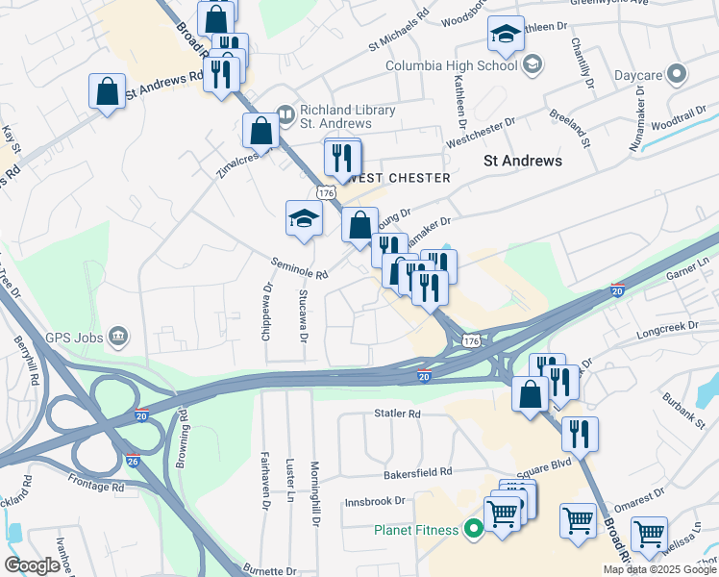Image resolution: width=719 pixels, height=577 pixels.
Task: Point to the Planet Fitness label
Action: tap(419, 530)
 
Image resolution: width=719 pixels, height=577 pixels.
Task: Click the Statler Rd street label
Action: tap(398, 414)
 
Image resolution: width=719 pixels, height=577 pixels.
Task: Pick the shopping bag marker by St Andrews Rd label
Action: tap(106, 92)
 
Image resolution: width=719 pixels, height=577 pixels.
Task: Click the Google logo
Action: tap(33, 565)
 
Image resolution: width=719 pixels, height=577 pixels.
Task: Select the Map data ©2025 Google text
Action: tap(659, 569)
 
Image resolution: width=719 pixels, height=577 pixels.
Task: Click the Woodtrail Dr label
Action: tap(678, 125)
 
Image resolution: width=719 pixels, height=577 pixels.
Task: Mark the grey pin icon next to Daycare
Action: tap(678, 73)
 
